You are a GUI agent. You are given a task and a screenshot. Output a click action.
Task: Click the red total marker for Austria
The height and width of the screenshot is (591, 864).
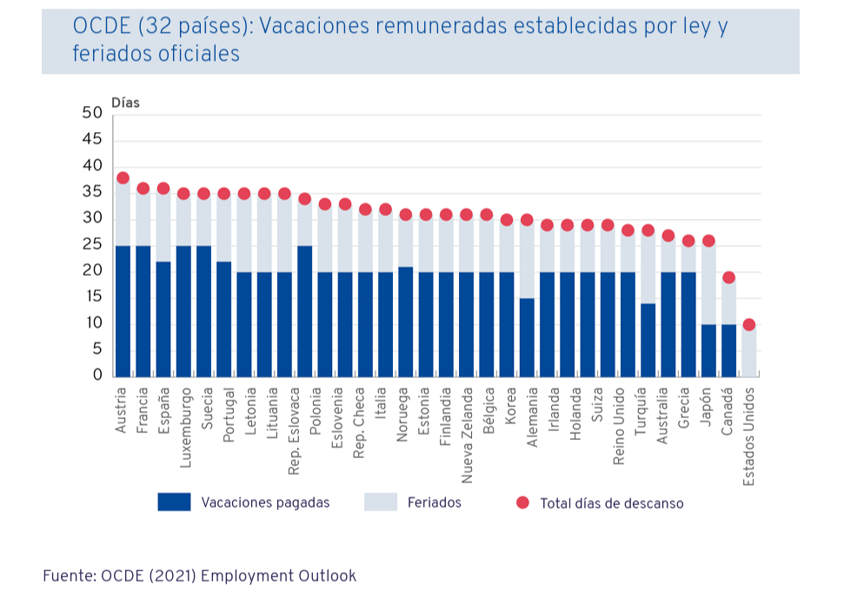coord(123,178)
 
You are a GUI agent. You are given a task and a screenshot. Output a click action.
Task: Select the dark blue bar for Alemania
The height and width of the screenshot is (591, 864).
coord(527,337)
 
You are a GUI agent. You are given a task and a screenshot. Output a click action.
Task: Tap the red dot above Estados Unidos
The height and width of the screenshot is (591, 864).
coord(749,324)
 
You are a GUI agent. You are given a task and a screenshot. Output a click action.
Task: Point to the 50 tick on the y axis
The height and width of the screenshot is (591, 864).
coord(92,113)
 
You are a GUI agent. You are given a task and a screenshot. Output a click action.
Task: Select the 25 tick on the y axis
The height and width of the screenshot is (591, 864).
coord(92,245)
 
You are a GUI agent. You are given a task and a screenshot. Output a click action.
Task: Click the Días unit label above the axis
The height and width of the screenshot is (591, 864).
coord(125,103)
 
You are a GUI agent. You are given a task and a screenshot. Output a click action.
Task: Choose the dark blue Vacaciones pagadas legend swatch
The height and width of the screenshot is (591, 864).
coord(174,502)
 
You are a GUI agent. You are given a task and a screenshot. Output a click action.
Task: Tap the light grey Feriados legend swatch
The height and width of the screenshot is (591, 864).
coord(380,502)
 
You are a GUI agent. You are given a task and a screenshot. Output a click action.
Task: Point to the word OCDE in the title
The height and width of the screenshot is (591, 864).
coord(101,26)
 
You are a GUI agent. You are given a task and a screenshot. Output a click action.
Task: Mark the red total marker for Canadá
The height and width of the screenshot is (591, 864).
coord(729,278)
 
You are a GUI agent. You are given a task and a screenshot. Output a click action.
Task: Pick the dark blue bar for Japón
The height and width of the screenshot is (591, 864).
coord(708,349)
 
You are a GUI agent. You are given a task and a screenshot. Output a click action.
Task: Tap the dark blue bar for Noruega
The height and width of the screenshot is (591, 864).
coord(405,321)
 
